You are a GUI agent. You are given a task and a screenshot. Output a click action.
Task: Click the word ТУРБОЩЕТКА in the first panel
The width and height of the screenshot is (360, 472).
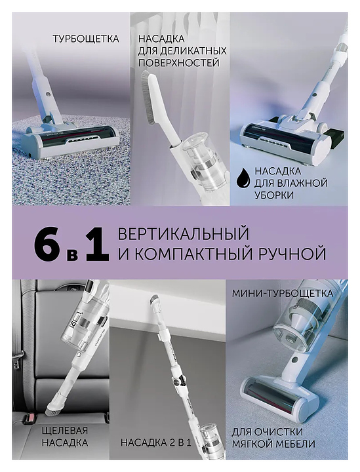pyautogui.click(x=86, y=39)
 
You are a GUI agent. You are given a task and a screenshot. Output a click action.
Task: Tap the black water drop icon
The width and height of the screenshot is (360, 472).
pyautogui.click(x=243, y=179)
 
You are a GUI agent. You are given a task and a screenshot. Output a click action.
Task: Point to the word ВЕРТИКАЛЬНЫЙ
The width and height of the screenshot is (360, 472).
pyautogui.click(x=184, y=234)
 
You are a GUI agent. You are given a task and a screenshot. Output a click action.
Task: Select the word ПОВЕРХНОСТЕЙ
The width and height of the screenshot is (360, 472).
pyautogui.click(x=178, y=63)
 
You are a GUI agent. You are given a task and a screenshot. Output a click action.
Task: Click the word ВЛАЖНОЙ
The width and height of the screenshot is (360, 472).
pyautogui.click(x=303, y=183)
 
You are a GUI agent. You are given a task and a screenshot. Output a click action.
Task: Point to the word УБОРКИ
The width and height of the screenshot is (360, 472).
pyautogui.click(x=274, y=195)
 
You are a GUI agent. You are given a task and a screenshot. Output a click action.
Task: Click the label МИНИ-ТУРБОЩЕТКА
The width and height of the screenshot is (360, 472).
pyautogui.click(x=283, y=293)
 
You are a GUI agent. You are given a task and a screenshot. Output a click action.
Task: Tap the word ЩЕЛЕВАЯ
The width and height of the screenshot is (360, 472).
pyautogui.click(x=66, y=430)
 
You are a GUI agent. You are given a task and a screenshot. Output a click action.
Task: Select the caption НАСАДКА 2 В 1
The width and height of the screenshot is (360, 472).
pyautogui.click(x=156, y=442)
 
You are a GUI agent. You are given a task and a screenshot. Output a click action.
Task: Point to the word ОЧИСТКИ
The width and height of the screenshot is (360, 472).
pyautogui.click(x=279, y=432)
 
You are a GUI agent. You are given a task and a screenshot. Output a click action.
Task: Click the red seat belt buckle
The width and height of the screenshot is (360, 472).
pyautogui.click(x=30, y=417)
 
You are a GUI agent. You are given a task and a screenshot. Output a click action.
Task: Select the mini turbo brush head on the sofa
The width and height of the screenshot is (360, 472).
pyautogui.click(x=278, y=395)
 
